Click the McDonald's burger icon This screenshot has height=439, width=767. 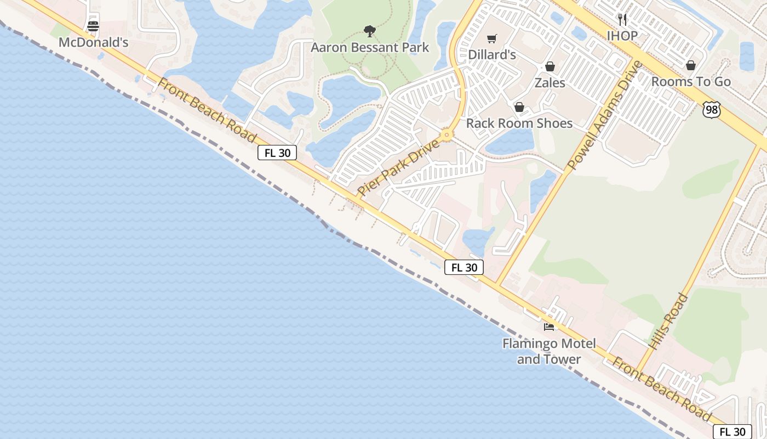coord(93,26)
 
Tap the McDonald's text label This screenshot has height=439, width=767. coord(93,42)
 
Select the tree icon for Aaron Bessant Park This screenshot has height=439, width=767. coord(370,31)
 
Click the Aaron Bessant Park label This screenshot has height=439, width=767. coord(370,48)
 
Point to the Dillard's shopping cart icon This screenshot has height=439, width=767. coord(491,38)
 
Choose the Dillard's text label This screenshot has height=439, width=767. coord(491,55)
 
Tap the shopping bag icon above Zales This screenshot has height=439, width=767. coord(550,66)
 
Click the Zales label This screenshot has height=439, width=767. coord(550,83)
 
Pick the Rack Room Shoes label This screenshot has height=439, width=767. coord(519,123)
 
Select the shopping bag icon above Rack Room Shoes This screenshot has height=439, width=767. coord(519,107)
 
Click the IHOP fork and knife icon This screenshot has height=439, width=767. coord(622,20)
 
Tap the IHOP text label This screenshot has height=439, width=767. coord(622,36)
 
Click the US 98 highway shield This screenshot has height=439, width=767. coord(711,109)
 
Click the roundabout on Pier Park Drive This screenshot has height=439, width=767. coord(447,134)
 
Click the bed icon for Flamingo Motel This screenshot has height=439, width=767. coord(548,327)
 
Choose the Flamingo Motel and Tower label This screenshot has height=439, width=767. coord(548,352)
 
